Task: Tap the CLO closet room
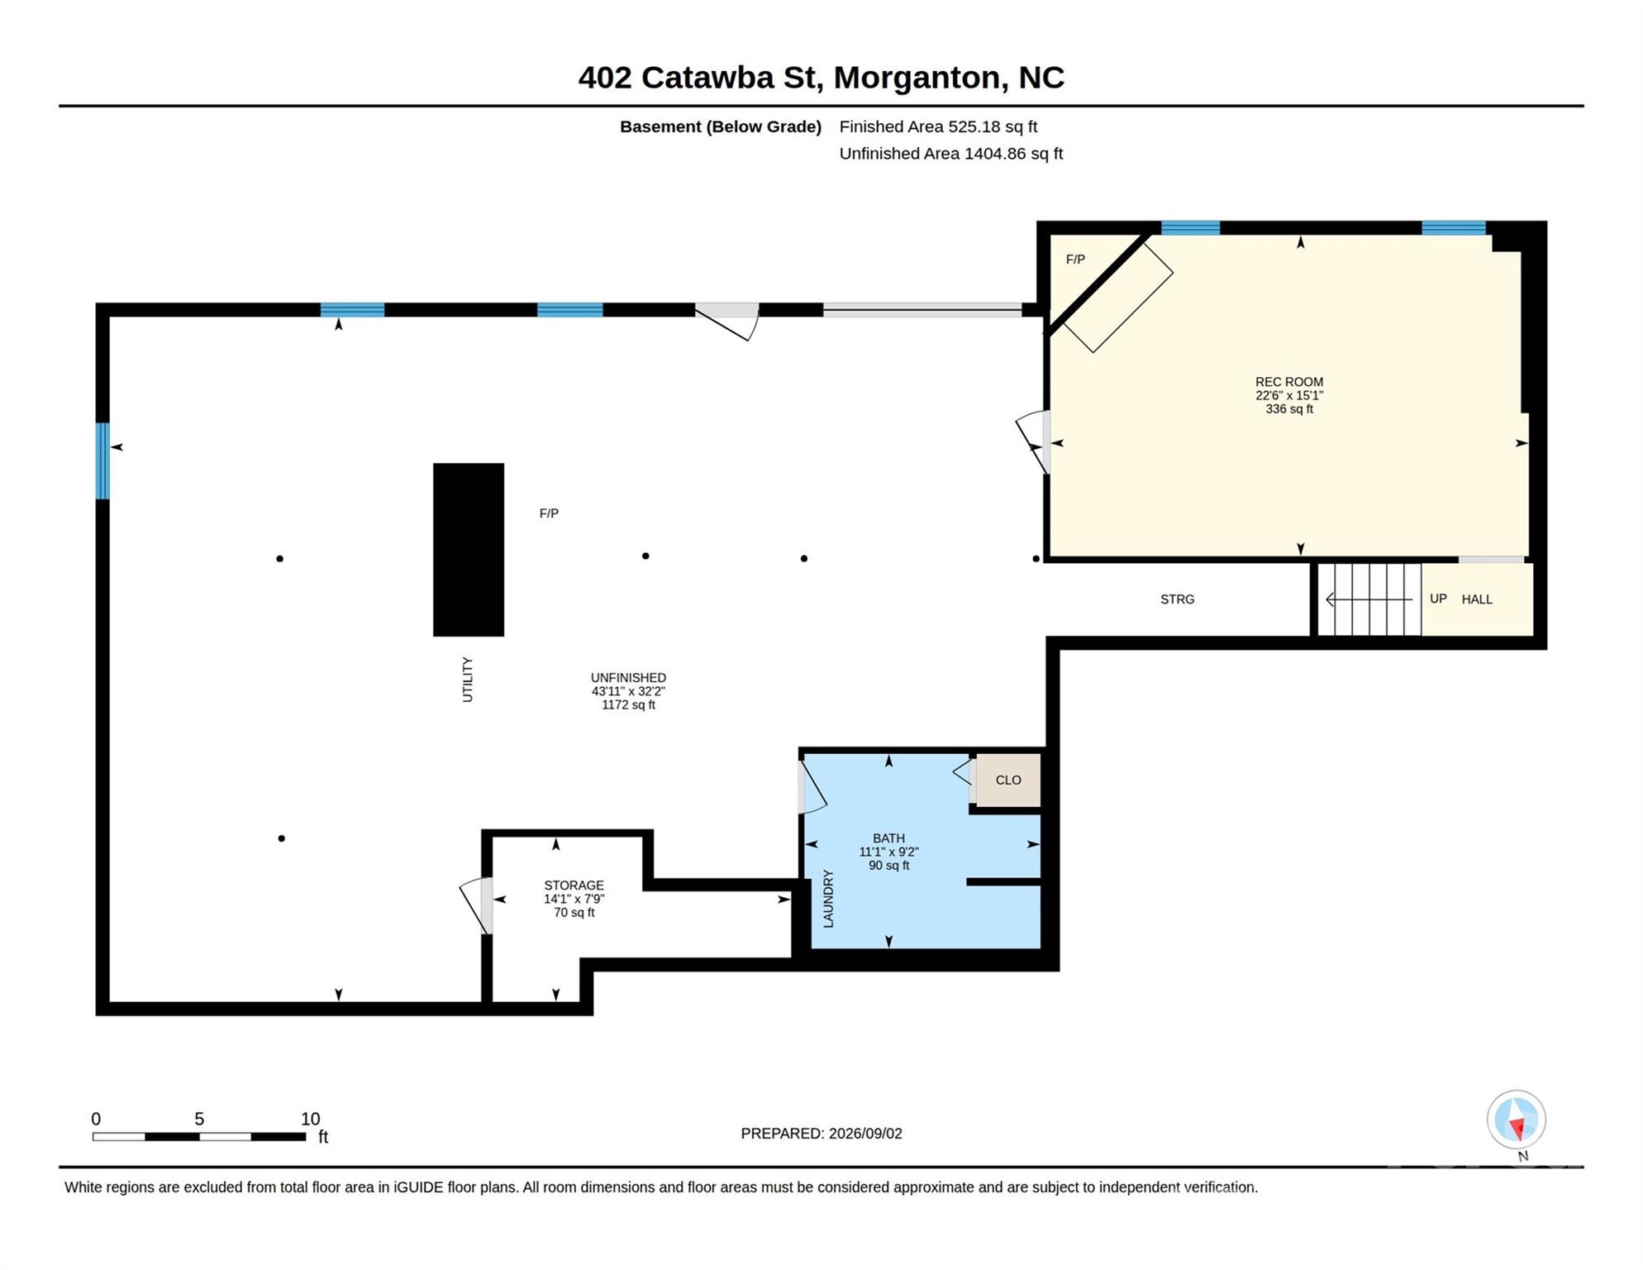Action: click(1008, 780)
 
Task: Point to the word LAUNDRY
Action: click(828, 899)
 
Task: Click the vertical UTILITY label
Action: click(467, 680)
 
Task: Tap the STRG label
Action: click(1177, 599)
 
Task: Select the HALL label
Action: click(1477, 599)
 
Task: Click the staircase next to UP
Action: click(1369, 599)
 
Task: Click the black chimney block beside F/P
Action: click(469, 550)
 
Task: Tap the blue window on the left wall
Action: click(102, 461)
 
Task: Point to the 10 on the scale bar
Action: click(310, 1119)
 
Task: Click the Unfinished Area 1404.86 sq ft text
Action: click(950, 154)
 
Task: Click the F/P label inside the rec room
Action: click(1075, 260)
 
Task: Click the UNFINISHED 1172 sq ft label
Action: click(628, 691)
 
